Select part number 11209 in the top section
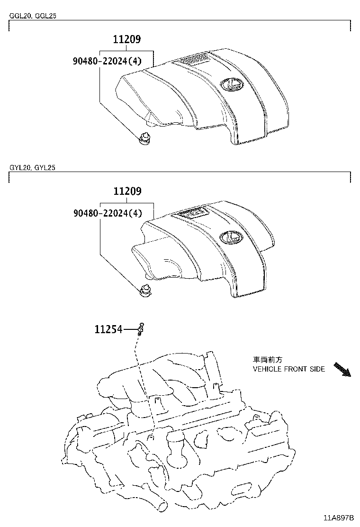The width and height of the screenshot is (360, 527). pos(126,40)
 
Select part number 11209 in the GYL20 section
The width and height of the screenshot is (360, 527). pos(126,192)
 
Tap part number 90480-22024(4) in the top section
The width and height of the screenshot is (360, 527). pos(108,61)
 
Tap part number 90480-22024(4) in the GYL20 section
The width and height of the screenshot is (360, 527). pos(108,213)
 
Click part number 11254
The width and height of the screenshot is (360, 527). pos(108,329)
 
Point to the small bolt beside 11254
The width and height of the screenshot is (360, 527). pos(141,328)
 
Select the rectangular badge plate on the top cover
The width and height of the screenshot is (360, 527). pos(192,59)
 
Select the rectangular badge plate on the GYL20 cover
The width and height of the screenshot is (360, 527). pos(192,213)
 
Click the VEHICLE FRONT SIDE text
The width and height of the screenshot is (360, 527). pos(288,369)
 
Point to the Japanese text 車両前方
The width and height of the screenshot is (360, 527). pos(264,360)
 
